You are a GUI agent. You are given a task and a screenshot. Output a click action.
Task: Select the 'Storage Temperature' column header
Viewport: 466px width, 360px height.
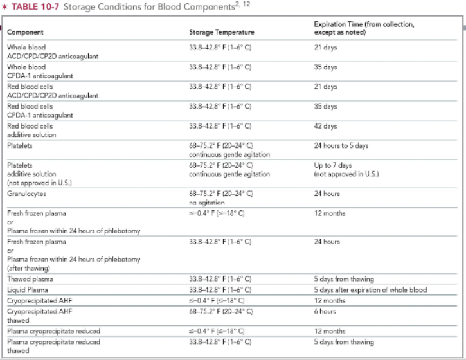click(x=221, y=32)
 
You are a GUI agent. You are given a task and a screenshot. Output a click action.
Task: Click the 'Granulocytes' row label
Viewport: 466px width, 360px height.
click(x=26, y=193)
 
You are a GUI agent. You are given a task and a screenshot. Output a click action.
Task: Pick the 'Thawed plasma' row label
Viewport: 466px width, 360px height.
click(x=30, y=279)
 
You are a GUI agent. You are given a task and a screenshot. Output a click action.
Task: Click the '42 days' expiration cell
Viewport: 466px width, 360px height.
click(x=325, y=127)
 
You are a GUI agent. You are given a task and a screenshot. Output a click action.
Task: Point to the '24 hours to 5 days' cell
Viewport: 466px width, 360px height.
click(x=341, y=146)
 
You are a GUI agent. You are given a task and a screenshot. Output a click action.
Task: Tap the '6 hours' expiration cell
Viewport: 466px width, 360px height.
click(x=325, y=311)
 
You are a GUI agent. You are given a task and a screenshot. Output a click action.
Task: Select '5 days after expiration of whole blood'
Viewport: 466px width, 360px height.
click(x=370, y=290)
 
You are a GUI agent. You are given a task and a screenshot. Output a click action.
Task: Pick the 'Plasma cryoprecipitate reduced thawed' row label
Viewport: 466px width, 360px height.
click(x=53, y=346)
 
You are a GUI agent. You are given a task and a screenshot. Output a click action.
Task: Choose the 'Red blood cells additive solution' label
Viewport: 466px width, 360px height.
click(x=31, y=130)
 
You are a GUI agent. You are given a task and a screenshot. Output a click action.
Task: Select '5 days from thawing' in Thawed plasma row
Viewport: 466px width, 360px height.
click(x=343, y=279)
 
